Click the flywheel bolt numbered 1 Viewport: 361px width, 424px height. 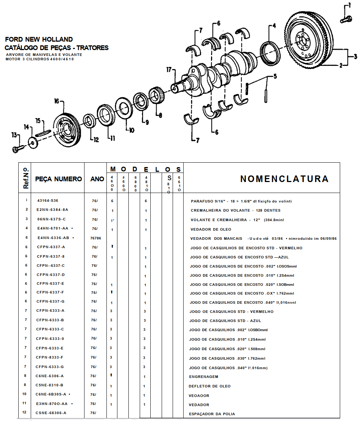[x=346, y=19]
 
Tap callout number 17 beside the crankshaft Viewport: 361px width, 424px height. [x=168, y=69]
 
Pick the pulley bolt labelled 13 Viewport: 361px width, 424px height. [x=18, y=148]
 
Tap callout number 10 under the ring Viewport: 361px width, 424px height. [x=131, y=129]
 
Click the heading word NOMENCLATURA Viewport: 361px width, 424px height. [x=284, y=179]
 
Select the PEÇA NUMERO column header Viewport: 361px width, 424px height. [x=59, y=179]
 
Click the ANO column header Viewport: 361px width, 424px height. [x=97, y=179]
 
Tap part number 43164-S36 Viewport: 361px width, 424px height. [x=48, y=201]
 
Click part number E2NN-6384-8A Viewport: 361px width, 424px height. [x=52, y=210]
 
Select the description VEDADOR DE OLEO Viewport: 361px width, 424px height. [x=211, y=229]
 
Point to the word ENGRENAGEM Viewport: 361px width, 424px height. [x=203, y=376]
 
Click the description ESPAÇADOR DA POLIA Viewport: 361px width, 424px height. [x=212, y=414]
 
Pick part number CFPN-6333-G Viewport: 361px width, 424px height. [x=50, y=367]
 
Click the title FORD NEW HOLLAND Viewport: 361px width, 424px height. [x=39, y=39]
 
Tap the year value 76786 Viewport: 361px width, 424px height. [x=95, y=238]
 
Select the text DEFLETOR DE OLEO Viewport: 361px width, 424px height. [x=210, y=386]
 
